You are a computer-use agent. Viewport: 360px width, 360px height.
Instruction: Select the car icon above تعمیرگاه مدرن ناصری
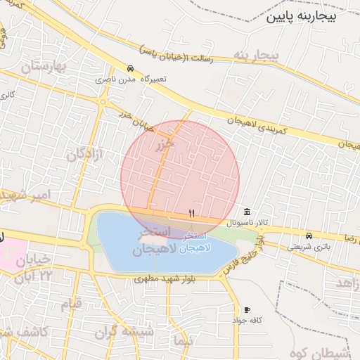pyautogui.click(x=131, y=69)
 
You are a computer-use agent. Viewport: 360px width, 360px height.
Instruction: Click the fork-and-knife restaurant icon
pyautogui.click(x=191, y=212)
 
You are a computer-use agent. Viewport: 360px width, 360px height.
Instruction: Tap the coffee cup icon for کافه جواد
pyautogui.click(x=247, y=310)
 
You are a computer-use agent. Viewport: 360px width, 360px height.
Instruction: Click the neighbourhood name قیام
pyautogui.click(x=72, y=304)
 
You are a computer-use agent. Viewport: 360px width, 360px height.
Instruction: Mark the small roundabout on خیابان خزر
pyautogui.click(x=104, y=102)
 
